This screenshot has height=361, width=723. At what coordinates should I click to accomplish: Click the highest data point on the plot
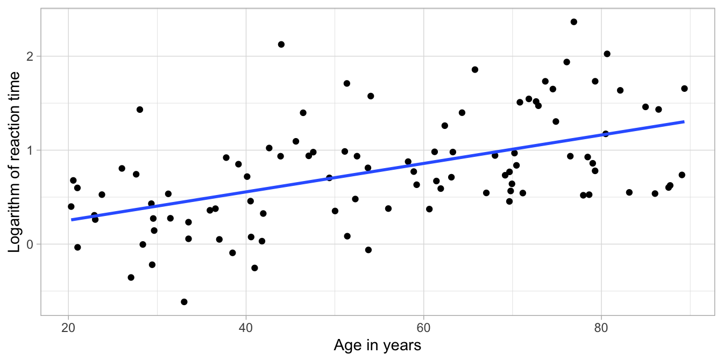(x=573, y=22)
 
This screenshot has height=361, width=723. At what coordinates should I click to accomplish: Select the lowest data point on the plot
(x=184, y=302)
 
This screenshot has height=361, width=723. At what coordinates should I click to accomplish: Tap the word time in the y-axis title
(x=16, y=86)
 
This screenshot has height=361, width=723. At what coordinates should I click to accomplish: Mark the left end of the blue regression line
(x=72, y=220)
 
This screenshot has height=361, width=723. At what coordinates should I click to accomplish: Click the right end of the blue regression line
(x=684, y=122)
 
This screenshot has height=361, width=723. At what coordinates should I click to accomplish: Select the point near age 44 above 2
(x=281, y=45)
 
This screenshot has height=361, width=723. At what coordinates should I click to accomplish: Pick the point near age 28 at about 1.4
(x=140, y=110)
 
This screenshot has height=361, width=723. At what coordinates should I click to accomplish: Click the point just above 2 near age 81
(x=607, y=54)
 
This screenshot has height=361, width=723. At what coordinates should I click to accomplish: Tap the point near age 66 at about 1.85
(x=474, y=69)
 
